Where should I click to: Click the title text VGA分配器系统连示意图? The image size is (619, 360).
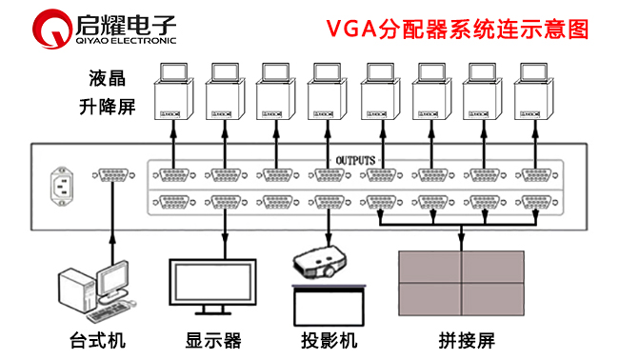(457, 28)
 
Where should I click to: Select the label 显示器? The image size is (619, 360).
(213, 339)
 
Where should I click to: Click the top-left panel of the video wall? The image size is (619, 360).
(429, 267)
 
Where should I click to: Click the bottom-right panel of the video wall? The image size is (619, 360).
(492, 301)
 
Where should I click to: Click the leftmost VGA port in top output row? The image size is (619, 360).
(174, 175)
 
